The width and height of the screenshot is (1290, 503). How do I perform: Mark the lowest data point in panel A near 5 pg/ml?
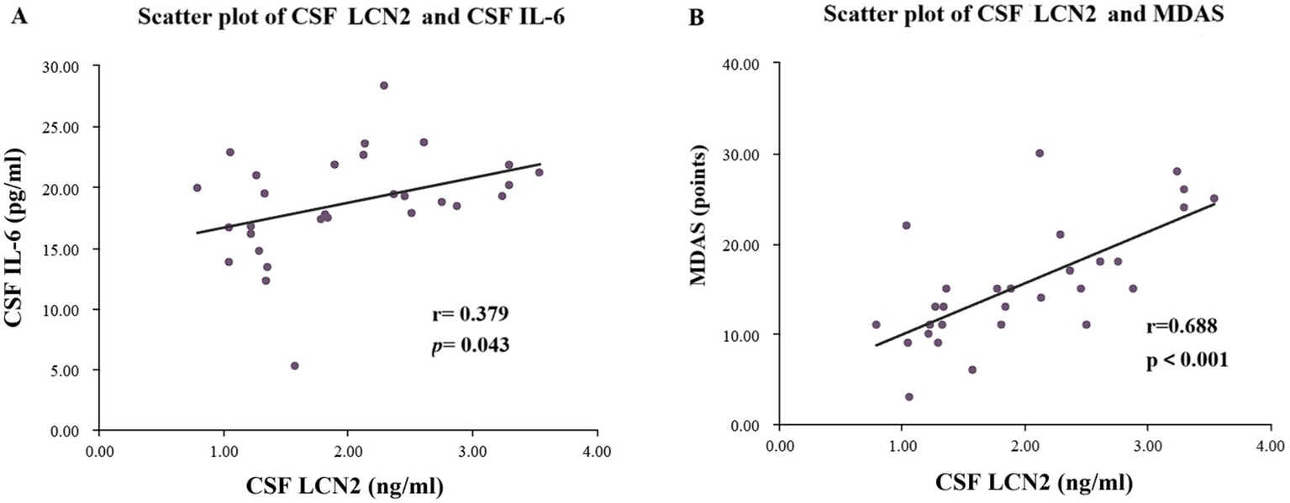pos(295,366)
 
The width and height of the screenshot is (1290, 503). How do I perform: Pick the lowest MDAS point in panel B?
pos(909,397)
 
